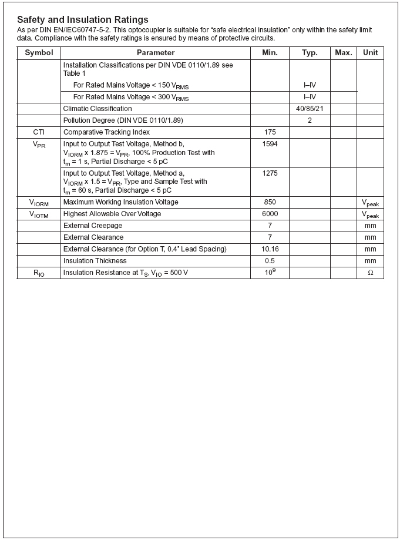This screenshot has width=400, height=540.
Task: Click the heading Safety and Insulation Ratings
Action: click(x=82, y=20)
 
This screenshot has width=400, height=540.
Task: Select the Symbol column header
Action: click(x=39, y=53)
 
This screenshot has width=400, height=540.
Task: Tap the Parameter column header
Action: click(x=156, y=53)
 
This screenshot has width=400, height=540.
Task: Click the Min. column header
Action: click(x=270, y=53)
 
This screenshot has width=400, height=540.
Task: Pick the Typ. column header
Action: click(x=310, y=53)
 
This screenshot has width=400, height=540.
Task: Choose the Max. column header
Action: click(x=344, y=53)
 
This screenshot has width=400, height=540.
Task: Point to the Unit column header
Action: click(x=370, y=53)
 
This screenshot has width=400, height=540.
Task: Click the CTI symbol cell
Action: click(x=39, y=132)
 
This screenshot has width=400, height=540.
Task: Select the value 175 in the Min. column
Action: click(x=270, y=132)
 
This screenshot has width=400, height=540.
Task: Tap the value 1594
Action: click(x=270, y=144)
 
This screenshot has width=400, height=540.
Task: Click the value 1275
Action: click(x=270, y=173)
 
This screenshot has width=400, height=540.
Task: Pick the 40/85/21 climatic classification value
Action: click(x=310, y=109)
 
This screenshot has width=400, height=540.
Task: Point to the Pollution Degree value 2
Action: click(x=310, y=120)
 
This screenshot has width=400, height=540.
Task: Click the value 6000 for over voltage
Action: click(x=270, y=214)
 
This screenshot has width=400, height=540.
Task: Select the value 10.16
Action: click(x=270, y=249)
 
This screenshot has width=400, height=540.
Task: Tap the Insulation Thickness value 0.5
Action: click(x=270, y=261)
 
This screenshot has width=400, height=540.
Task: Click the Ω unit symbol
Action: click(x=370, y=273)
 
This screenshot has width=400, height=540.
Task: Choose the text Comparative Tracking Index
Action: click(x=106, y=132)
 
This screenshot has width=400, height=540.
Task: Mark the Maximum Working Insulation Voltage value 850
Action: click(x=270, y=202)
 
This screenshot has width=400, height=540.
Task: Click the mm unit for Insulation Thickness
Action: click(x=370, y=261)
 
